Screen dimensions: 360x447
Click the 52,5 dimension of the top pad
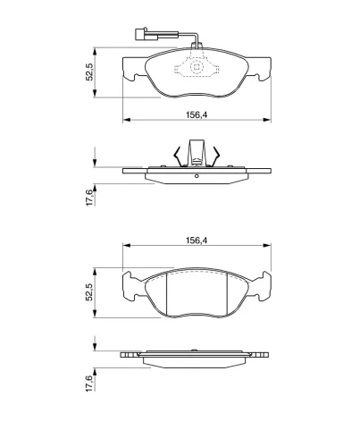coord(89,72)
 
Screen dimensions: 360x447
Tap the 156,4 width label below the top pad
coord(197,114)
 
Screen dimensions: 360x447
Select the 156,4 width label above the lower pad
coord(197,240)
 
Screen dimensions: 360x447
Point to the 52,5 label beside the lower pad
coord(89,292)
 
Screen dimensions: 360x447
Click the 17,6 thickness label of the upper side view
coord(89,198)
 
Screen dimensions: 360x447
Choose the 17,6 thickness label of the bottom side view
coord(89,383)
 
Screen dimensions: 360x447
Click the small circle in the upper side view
coord(197,176)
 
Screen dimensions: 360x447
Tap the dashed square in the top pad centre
coord(197,67)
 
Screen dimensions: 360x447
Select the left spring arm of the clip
coord(178,156)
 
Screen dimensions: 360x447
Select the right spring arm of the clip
coord(215,156)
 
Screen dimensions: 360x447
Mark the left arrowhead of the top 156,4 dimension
coord(127,120)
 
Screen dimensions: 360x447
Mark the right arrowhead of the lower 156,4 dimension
coord(267,245)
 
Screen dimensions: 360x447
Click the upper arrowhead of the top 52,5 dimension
coord(95,51)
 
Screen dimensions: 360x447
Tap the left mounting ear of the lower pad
coord(131,286)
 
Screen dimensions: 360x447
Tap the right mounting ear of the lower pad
coord(262,286)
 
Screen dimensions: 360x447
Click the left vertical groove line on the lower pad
coord(166,294)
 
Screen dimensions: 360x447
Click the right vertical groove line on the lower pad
coord(227,294)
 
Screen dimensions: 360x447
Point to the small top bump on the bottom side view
coord(194,350)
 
